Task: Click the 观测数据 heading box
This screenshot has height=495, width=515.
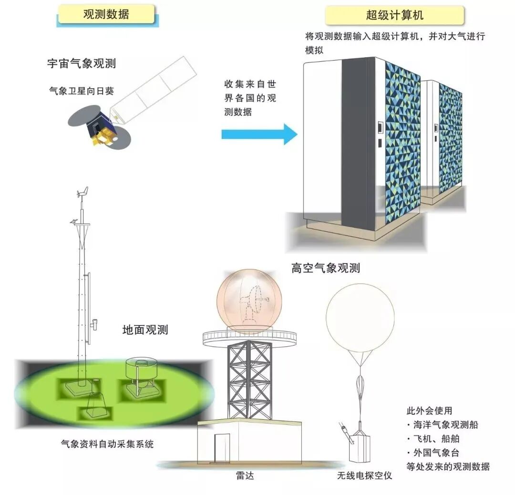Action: point(106,14)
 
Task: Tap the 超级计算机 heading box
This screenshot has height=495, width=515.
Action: point(394,15)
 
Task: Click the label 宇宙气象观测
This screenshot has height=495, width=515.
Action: point(82,63)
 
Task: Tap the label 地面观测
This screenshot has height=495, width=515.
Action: point(145,330)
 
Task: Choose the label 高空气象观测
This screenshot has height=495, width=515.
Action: point(326,268)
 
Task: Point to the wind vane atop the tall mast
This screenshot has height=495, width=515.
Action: point(82,193)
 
